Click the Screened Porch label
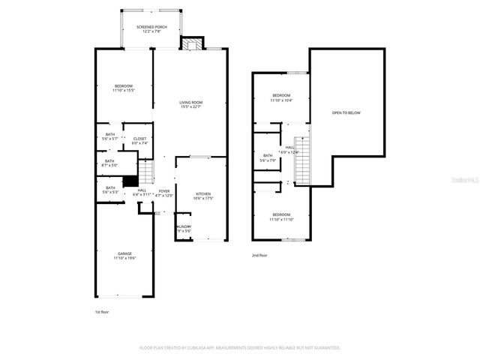click(151, 27)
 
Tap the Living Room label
click(190, 102)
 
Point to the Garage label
click(124, 253)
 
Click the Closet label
click(139, 139)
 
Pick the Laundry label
click(183, 226)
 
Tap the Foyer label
click(163, 191)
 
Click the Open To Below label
click(346, 113)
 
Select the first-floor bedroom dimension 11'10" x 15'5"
click(124, 91)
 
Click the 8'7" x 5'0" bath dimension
click(109, 165)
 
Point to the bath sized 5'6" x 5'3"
click(110, 192)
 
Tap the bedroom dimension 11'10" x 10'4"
click(282, 100)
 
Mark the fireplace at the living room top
click(193, 43)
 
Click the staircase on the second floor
click(302, 160)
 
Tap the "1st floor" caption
click(101, 310)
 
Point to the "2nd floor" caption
click(259, 256)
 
